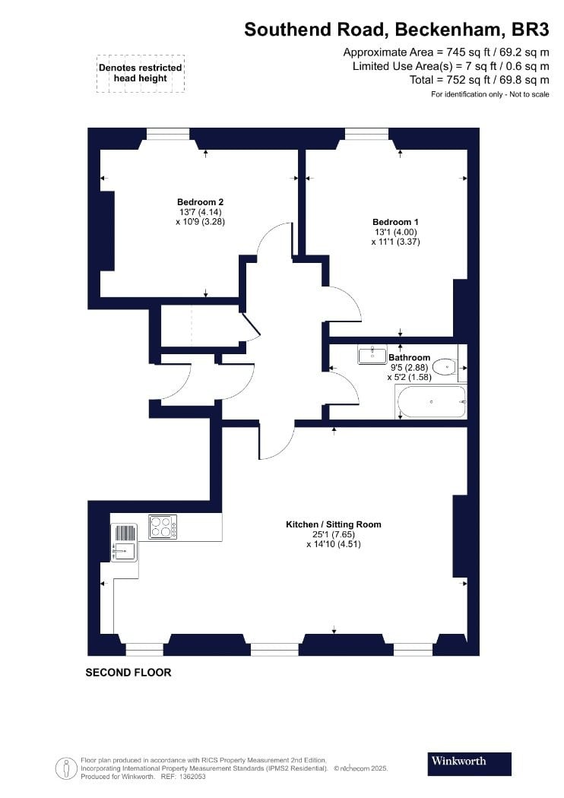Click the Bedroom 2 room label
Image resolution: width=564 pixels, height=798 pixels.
pos(200,202)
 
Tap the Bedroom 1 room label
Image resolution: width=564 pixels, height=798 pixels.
pos(395,222)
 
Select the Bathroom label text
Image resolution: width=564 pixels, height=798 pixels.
pos(409,357)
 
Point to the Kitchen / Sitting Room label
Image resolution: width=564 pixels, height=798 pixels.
pos(334,524)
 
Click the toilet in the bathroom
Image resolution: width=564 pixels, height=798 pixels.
pos(445,366)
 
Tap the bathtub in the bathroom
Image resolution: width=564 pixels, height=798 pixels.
pos(431,402)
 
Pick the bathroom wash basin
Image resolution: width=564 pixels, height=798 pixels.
pos(372,355)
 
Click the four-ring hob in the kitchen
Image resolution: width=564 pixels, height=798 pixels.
pos(163,527)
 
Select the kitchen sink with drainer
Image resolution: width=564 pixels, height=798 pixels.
pos(124,543)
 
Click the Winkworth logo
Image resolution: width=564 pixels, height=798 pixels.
pos(469,763)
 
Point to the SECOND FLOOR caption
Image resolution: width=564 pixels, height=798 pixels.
pos(128,673)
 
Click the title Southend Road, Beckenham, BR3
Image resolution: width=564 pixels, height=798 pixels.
pos(397,30)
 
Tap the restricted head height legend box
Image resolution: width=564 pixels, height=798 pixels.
pos(141,73)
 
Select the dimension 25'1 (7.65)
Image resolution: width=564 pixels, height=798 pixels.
pos(334,534)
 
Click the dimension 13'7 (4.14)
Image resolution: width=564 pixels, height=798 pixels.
pos(200,212)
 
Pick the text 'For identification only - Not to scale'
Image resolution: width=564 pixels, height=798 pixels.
pos(490,94)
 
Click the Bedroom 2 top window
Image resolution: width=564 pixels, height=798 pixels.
pos(168,133)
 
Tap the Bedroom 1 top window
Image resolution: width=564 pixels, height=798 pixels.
pos(366,133)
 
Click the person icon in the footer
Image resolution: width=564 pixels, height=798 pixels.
pos(65,768)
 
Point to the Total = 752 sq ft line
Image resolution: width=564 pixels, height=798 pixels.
pos(480,80)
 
